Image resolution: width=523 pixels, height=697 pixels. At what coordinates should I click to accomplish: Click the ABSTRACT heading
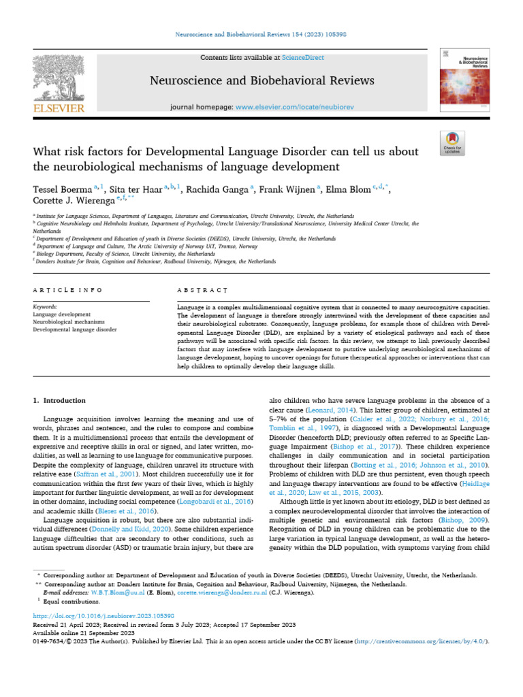[x=202, y=290]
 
